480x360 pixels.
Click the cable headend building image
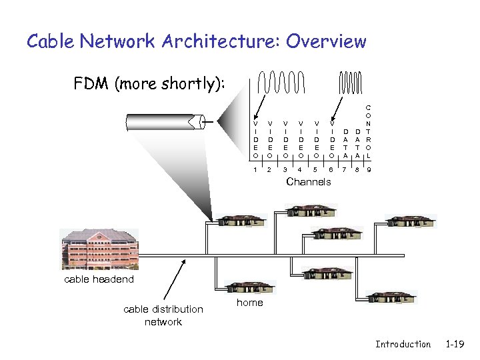point(99,250)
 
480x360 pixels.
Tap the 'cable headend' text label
point(99,279)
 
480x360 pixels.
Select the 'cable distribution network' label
point(163,315)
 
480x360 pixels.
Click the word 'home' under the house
point(250,303)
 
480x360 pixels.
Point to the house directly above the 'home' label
point(250,287)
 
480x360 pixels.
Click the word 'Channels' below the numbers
point(308,182)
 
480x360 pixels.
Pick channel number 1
point(255,170)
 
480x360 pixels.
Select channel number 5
point(316,170)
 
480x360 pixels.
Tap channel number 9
point(369,170)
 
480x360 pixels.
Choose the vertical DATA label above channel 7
point(345,143)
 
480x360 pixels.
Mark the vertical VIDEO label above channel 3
point(285,139)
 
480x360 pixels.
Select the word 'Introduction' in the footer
point(403,344)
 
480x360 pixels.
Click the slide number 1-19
point(455,344)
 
